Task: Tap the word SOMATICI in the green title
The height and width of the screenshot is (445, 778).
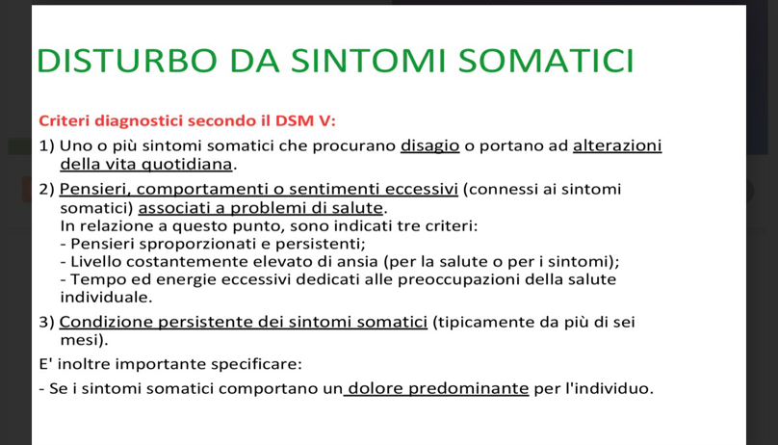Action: tap(546, 61)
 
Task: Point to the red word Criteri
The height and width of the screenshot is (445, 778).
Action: tap(65, 120)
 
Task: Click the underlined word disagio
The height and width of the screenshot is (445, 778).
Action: tap(429, 145)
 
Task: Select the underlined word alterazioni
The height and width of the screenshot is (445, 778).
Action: tap(617, 145)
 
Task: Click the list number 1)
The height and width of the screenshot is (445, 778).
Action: tap(46, 145)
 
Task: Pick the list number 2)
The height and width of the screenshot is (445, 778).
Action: tap(46, 190)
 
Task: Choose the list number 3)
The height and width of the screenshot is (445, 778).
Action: tap(46, 323)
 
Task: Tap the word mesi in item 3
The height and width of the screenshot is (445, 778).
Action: tap(79, 340)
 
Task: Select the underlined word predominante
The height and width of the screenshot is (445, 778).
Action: tap(468, 388)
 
